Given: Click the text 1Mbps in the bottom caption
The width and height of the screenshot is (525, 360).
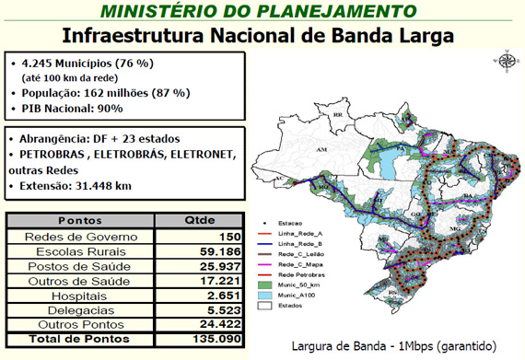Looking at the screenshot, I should pyautogui.click(x=394, y=348).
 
